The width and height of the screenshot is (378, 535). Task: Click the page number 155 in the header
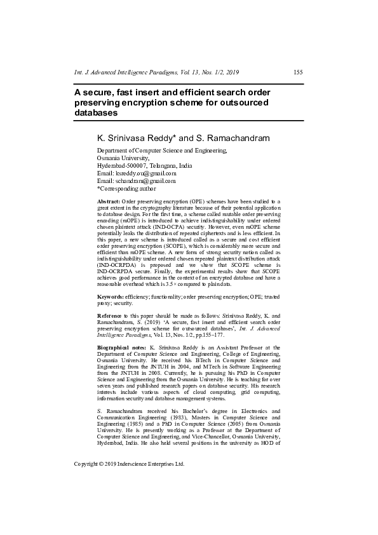298,72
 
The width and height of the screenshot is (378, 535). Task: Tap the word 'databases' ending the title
96,113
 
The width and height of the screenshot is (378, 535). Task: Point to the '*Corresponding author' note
126,188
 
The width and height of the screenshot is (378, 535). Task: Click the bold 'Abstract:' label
108,201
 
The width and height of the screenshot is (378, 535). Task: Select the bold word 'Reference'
110,316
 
